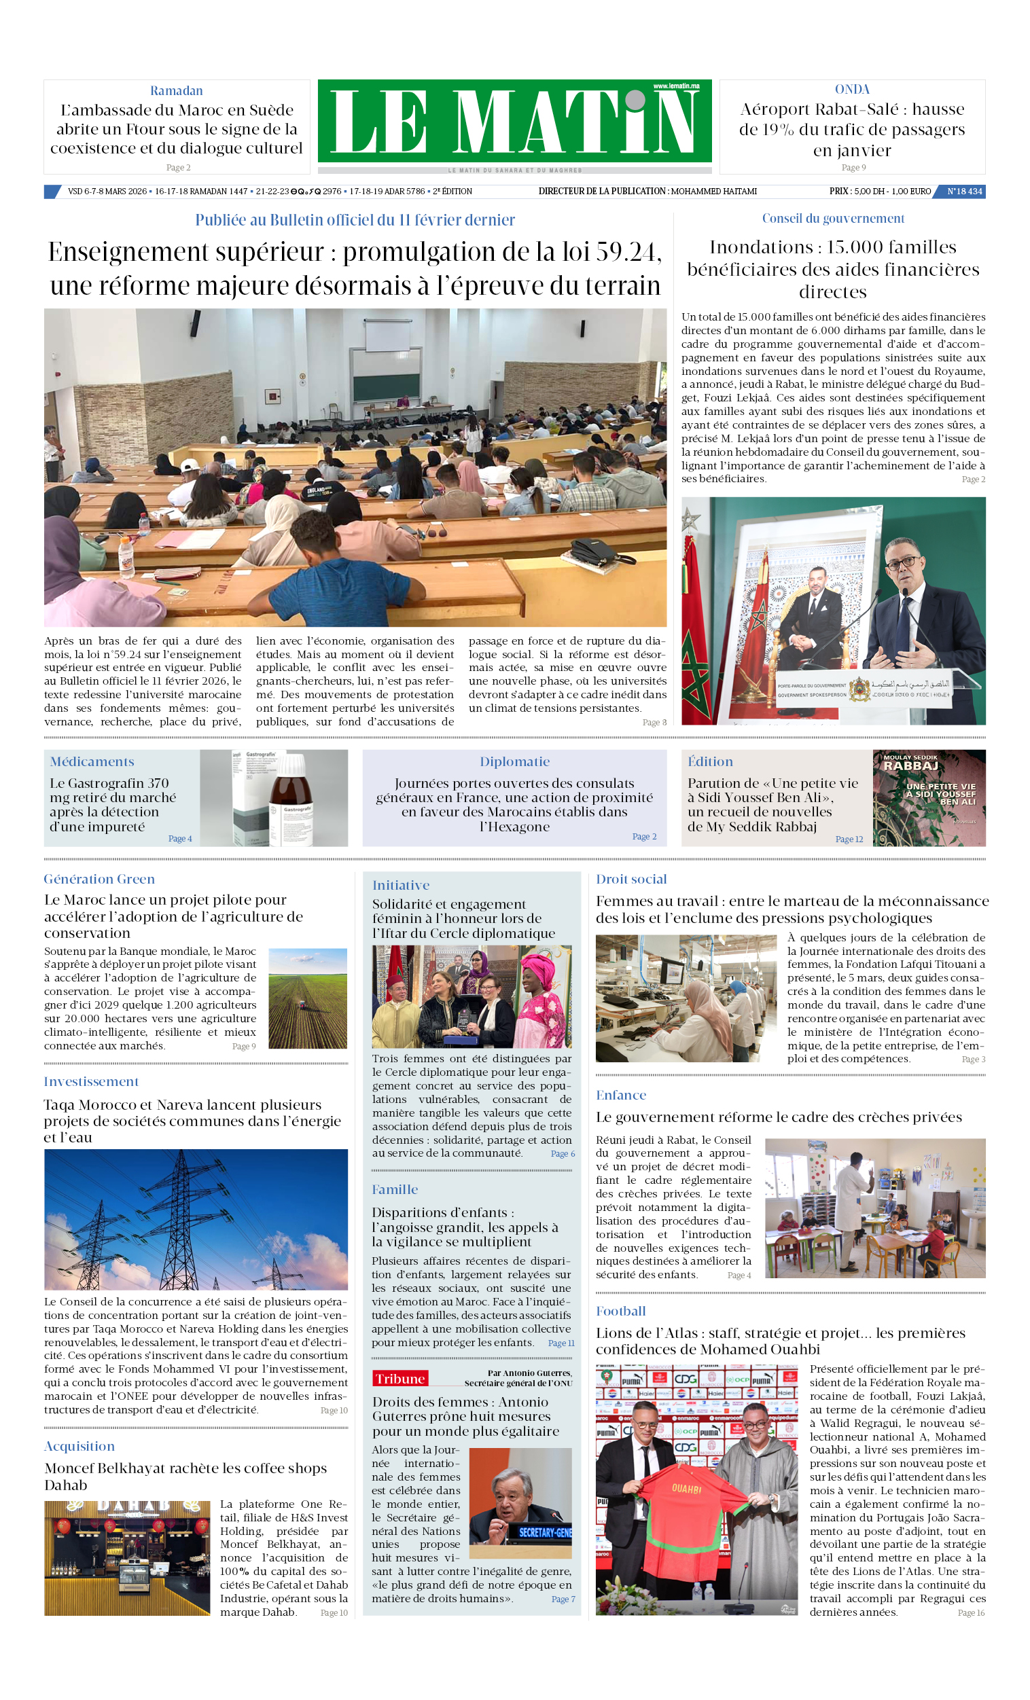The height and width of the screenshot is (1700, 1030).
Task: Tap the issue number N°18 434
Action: [963, 191]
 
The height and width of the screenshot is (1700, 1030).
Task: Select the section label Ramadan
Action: [176, 90]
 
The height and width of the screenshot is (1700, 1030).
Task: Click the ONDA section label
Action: [852, 90]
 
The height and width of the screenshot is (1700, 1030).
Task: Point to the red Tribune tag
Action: [399, 1378]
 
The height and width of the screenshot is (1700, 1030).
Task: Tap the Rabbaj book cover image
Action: [929, 797]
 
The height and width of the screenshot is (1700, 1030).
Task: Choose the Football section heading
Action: [620, 1310]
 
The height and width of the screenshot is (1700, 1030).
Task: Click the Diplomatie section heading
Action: [514, 761]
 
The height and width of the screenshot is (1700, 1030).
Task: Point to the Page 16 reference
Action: [971, 1612]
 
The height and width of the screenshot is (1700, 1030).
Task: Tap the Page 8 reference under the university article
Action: [654, 723]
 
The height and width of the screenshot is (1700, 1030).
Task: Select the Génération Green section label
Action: [99, 879]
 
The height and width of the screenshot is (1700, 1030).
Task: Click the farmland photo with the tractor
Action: [307, 998]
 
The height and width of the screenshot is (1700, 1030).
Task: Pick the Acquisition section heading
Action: [79, 1446]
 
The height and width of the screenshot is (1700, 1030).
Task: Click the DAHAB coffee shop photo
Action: [127, 1558]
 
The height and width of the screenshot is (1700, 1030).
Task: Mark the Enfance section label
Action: [620, 1095]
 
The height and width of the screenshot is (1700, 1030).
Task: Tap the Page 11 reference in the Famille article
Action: [561, 1343]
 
